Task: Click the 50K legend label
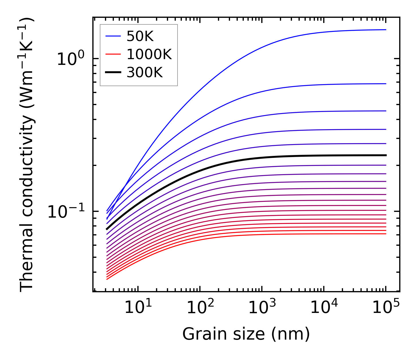tap(140, 36)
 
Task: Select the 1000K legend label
tap(149, 55)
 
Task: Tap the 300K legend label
tap(145, 73)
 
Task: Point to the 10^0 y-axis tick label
tap(71, 59)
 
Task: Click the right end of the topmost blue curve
tap(386, 30)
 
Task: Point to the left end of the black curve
tap(107, 229)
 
